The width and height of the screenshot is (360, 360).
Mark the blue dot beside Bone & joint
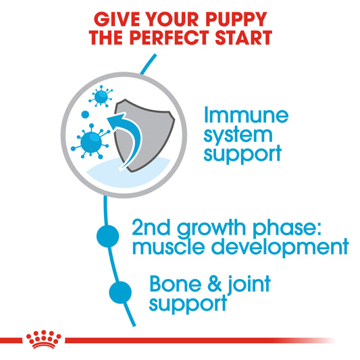(119, 292)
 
